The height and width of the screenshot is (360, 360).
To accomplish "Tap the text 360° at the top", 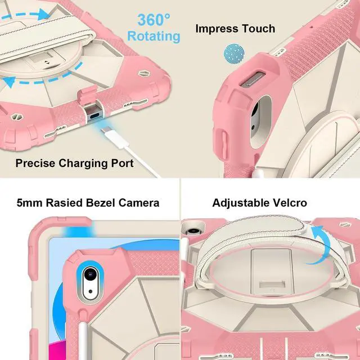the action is pos(154,20).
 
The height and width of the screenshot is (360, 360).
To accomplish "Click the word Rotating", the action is pos(154,37).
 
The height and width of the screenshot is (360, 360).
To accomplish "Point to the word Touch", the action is pos(259,28).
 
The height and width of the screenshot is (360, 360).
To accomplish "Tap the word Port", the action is pos(121,163).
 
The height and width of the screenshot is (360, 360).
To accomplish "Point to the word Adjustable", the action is pos(241,202).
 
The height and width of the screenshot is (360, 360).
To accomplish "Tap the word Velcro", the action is pos(290,202).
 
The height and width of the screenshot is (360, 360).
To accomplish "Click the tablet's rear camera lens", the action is pos(88,275).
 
